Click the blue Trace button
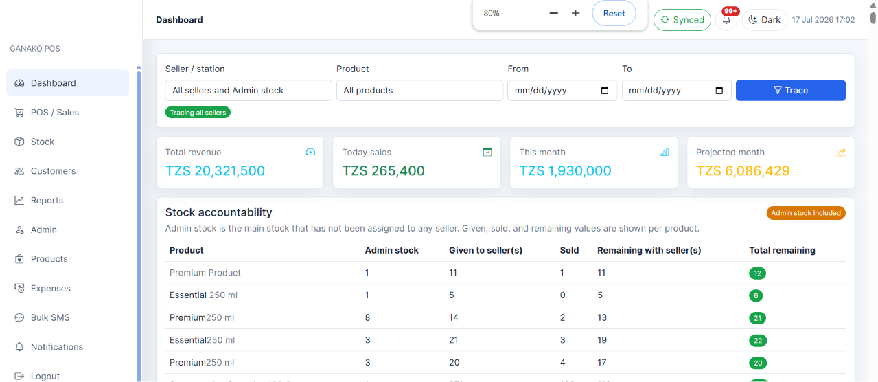[790, 90]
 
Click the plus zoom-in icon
[575, 13]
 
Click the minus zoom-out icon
[553, 13]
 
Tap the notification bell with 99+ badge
[726, 20]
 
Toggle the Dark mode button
[764, 20]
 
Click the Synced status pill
[682, 20]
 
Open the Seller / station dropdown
[249, 90]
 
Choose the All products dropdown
[419, 90]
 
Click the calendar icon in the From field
[605, 90]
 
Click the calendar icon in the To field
[719, 90]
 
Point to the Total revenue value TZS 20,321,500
[215, 170]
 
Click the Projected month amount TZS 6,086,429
[743, 170]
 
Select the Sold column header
[569, 250]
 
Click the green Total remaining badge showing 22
[758, 340]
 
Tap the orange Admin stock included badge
[806, 213]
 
